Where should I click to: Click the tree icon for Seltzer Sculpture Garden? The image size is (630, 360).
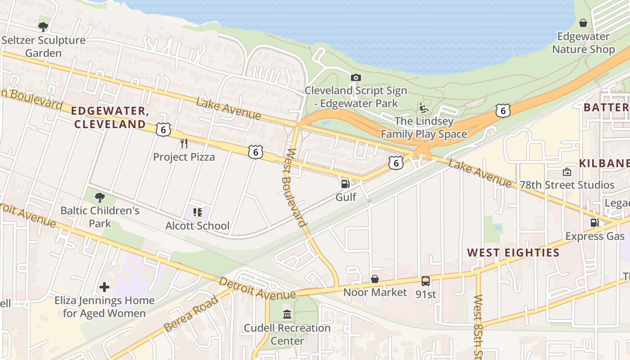[43, 27]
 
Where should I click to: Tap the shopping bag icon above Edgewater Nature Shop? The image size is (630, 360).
[583, 23]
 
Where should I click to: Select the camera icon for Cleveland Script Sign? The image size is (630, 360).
[356, 77]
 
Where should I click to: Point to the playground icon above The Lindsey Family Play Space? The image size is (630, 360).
[423, 108]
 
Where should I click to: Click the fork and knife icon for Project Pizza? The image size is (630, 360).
[184, 144]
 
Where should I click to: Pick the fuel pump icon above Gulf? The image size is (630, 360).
[346, 184]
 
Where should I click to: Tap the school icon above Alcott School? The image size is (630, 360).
[197, 212]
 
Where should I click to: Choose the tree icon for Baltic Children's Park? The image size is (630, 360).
[100, 197]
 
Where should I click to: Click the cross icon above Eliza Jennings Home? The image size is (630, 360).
[104, 287]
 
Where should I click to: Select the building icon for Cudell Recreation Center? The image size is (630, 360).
[287, 314]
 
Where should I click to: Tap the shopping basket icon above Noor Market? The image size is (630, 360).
[374, 279]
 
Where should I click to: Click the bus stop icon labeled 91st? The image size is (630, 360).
[425, 281]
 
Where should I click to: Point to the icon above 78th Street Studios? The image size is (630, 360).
[567, 172]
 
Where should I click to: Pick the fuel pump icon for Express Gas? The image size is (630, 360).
[594, 223]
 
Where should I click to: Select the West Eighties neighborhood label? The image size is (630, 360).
[513, 252]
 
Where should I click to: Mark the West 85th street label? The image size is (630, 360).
[478, 326]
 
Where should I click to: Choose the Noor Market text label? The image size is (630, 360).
[375, 292]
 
